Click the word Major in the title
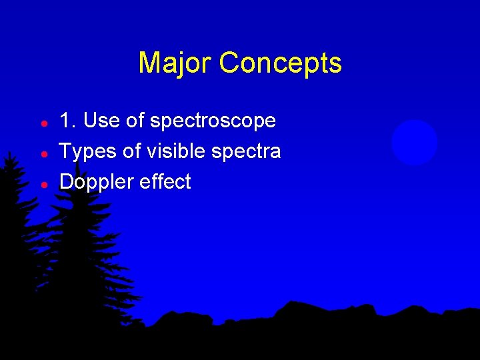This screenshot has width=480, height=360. [175, 63]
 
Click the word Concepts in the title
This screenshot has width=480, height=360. [280, 63]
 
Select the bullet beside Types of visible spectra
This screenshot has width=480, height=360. [43, 154]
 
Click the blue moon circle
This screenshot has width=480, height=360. [414, 143]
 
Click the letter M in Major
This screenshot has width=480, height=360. [148, 63]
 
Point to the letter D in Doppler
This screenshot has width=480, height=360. [66, 181]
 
